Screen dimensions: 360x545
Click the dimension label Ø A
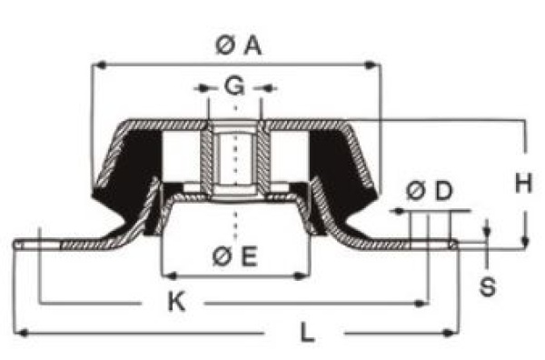coord(239,45)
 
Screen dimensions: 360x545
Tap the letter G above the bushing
coord(234,87)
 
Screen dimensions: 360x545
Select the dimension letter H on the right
coord(522,185)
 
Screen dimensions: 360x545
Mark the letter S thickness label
coord(487,288)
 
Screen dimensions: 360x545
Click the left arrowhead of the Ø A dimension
coord(100,65)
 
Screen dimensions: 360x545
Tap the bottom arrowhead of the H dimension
coord(525,241)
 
